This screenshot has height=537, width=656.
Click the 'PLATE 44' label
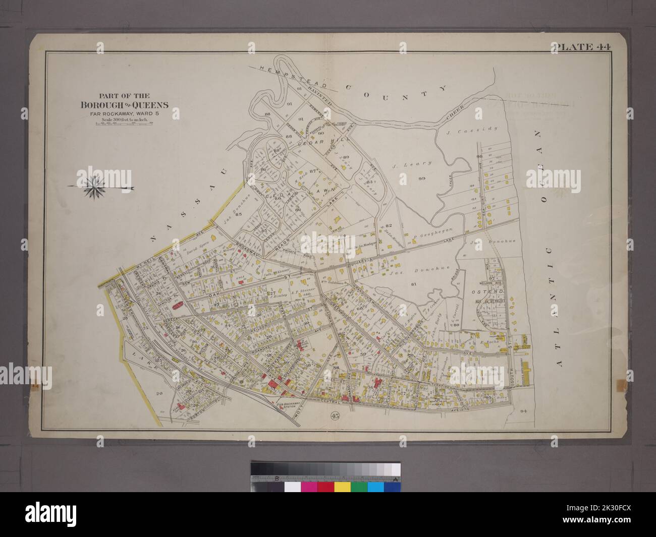tap(582, 48)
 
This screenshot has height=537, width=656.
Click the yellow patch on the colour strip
tap(343, 487)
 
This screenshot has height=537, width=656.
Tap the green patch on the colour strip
tap(359, 487)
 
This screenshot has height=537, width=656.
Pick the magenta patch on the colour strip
tap(309, 487)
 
